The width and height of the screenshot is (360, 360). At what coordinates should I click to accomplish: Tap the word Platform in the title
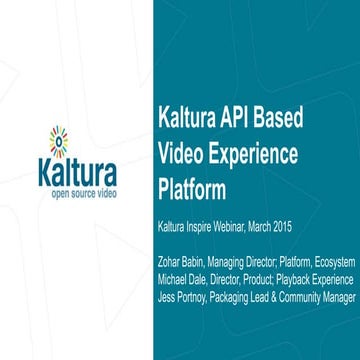point(197,188)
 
